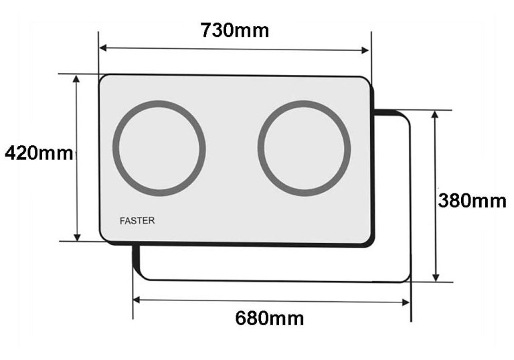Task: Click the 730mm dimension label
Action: [234, 30]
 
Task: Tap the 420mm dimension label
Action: [38, 153]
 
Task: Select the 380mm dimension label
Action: [472, 200]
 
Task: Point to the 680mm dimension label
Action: [269, 319]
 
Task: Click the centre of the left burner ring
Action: [159, 148]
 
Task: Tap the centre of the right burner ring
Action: [304, 148]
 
